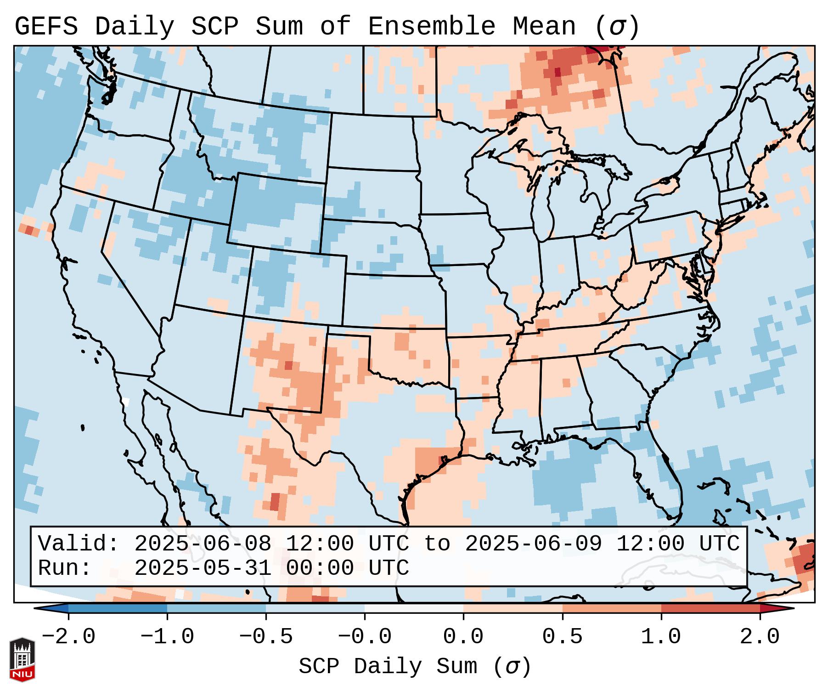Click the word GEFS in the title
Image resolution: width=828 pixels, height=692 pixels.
click(x=46, y=27)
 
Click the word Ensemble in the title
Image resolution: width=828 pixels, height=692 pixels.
click(x=431, y=27)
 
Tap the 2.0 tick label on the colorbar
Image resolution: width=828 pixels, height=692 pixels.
click(x=760, y=637)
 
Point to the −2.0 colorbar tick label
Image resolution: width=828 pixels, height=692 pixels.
click(x=68, y=637)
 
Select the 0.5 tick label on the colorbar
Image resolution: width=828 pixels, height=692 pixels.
click(x=562, y=637)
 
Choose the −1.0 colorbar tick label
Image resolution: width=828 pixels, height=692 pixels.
click(x=167, y=637)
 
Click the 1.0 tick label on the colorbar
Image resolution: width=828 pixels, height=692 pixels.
click(x=661, y=637)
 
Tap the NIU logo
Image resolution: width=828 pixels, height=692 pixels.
click(x=22, y=659)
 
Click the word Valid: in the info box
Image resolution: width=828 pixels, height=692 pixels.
click(x=79, y=544)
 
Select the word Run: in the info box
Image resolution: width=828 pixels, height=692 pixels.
click(x=65, y=568)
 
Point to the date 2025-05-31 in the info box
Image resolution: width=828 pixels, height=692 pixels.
click(x=203, y=568)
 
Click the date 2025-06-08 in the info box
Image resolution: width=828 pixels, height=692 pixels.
click(x=203, y=544)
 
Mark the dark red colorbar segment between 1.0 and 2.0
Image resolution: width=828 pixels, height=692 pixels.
click(x=710, y=608)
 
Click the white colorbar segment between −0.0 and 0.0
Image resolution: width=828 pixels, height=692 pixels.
click(x=414, y=608)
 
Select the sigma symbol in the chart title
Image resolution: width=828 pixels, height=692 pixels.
click(x=617, y=27)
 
